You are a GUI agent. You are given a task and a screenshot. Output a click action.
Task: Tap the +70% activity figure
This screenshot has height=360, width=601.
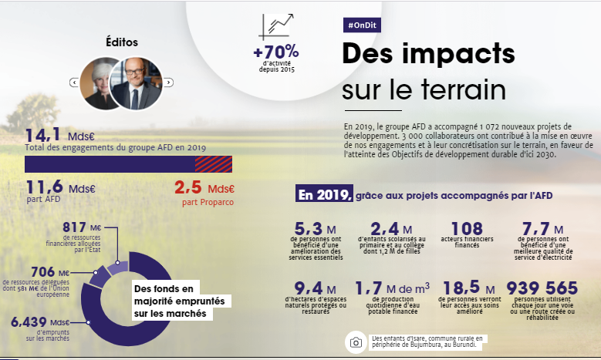click(x=275, y=52)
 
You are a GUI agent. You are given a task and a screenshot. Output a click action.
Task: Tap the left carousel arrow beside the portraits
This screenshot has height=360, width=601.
click(x=73, y=82)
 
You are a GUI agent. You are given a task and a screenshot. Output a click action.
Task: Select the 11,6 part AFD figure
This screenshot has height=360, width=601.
click(x=45, y=187)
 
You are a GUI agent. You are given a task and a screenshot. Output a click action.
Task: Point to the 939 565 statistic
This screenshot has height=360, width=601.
click(x=545, y=288)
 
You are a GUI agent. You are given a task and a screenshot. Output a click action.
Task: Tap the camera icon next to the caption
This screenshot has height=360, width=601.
click(x=356, y=342)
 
